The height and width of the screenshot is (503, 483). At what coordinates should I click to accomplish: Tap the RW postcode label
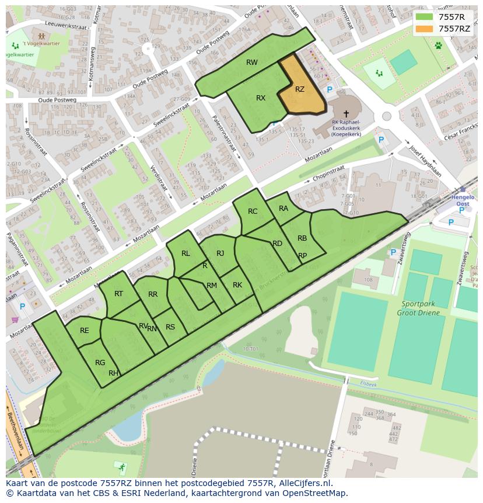pos(252,63)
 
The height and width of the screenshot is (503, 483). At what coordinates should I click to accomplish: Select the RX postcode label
pos(261,98)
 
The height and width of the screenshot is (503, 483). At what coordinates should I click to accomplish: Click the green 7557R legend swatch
pos(424,17)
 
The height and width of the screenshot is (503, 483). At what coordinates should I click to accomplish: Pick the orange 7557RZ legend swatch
pos(424,29)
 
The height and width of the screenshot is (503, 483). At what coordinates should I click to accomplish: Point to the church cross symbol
pos(346,114)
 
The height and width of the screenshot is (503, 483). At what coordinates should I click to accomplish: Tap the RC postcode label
pos(253,211)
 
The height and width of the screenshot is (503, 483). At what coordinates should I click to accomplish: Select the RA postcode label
pos(283,209)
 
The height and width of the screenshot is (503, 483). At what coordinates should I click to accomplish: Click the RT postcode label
pos(118,294)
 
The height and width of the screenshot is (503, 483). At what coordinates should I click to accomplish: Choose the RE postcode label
pos(85,331)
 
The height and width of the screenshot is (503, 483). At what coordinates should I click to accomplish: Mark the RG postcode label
pos(100,363)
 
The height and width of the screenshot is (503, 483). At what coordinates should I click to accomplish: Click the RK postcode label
pos(237,285)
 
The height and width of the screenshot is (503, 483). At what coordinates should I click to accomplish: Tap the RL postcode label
pos(185,254)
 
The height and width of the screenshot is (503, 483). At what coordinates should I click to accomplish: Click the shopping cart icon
pos(15,320)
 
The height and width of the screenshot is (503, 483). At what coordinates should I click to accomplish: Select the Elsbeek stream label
pos(369,384)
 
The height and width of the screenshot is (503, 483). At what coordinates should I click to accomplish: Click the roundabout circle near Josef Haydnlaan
pos(386,116)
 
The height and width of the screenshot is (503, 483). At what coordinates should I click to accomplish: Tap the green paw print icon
pos(437,45)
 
